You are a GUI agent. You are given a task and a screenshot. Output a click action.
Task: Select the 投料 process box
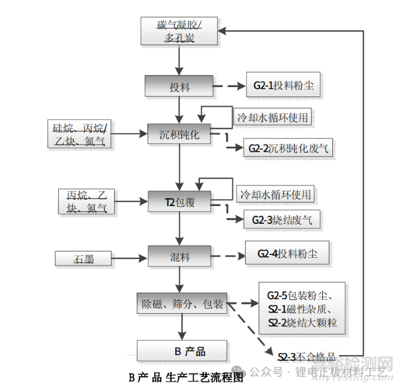(x=179, y=87)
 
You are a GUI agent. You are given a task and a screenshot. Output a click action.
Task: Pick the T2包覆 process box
(x=179, y=203)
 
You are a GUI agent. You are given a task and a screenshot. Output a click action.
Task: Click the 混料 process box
(x=179, y=257)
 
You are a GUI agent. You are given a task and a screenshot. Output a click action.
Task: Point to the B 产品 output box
(x=181, y=351)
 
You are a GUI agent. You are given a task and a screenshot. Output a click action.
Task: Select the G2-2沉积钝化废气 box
(x=289, y=148)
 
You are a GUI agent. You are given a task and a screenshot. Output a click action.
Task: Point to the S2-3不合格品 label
(x=308, y=356)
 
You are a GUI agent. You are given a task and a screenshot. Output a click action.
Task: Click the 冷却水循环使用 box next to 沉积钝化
(x=272, y=117)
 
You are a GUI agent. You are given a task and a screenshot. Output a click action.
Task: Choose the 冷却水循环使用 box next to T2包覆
(x=275, y=194)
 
